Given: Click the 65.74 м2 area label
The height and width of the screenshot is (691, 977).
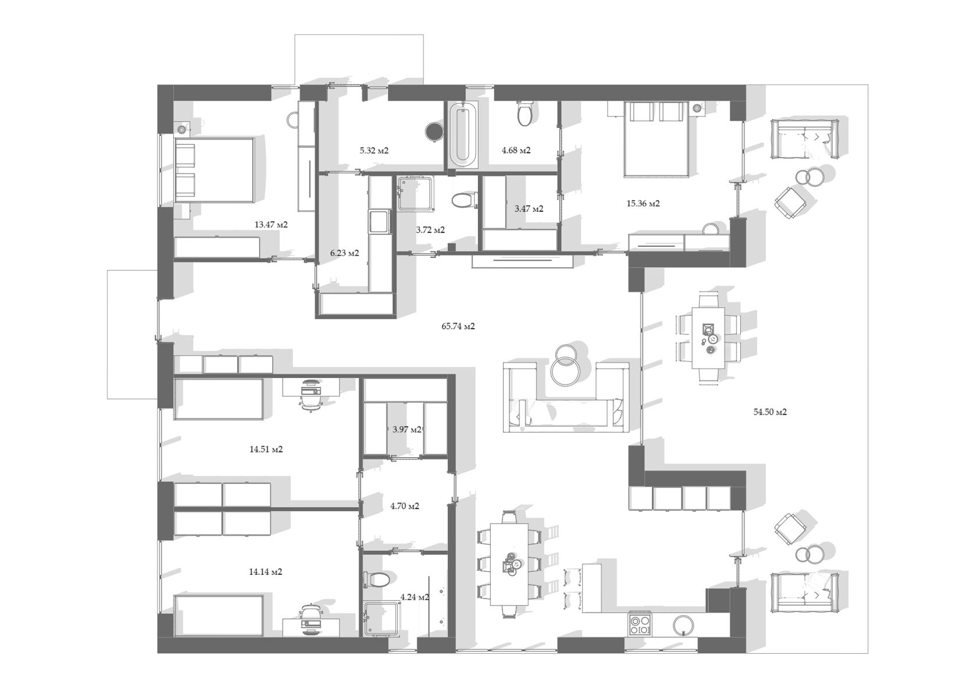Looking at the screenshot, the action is (458, 326).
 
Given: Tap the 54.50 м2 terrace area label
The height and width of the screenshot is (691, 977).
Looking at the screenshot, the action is (770, 412).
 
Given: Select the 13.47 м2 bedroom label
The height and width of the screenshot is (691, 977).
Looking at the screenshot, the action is (271, 225).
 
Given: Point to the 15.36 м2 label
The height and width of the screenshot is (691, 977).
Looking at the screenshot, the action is (643, 204).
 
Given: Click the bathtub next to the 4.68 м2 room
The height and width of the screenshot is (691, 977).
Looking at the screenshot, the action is (463, 134).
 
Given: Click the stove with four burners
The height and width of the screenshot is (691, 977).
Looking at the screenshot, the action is (640, 625).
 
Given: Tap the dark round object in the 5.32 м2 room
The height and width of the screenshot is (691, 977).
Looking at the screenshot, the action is (433, 131).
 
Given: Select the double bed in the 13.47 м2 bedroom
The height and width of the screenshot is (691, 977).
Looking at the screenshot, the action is (215, 170).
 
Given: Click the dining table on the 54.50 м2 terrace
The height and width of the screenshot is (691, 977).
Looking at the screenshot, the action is (708, 338).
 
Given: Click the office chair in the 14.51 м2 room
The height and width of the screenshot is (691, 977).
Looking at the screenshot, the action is (311, 394).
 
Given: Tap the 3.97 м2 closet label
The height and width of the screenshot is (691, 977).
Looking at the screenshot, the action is (407, 430).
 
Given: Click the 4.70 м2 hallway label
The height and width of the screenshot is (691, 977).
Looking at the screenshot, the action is (405, 506).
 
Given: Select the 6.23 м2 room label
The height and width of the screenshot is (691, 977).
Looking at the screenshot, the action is (344, 253).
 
